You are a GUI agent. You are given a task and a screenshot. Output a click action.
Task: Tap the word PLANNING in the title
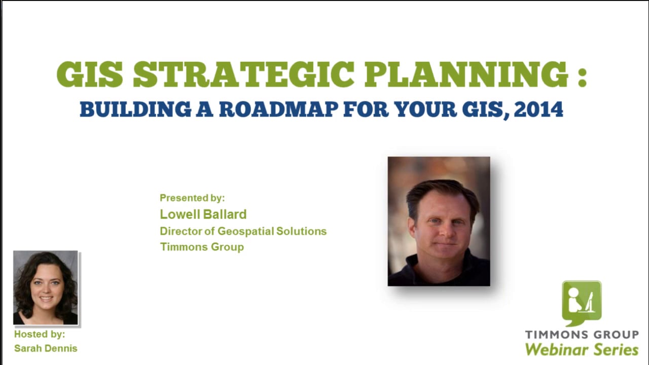pos(466,75)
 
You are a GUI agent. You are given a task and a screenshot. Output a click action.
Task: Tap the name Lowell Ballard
pos(203,214)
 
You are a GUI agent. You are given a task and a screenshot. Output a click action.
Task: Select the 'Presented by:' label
pos(192,198)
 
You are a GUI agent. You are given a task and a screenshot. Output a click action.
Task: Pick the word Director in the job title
pos(181,231)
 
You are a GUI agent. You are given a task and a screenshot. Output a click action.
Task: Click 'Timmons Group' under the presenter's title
pos(202,247)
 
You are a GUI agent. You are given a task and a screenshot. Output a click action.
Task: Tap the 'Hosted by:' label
pos(40,335)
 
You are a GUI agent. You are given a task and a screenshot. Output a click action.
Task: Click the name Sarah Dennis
pos(46,348)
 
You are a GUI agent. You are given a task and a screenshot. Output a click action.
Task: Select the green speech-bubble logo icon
pos(581,303)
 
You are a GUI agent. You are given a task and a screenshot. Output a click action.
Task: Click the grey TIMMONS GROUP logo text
pos(582,335)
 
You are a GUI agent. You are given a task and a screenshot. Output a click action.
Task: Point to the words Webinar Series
pos(582,349)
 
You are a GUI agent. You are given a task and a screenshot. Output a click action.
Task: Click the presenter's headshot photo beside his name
pos(439,221)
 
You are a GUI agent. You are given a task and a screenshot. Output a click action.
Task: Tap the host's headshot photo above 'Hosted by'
pos(46,287)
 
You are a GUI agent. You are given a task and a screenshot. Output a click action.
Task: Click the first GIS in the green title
pos(90,75)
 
